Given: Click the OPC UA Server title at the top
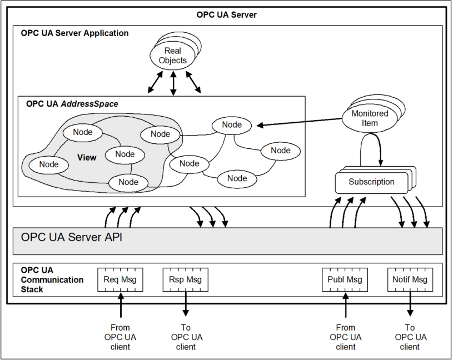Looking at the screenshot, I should (227, 14).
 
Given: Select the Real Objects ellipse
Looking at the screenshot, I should (173, 56).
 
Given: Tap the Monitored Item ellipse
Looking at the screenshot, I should (370, 118).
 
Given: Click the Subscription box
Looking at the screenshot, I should (371, 182).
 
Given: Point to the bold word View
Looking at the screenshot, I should (87, 157).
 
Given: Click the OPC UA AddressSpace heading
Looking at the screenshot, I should (72, 104).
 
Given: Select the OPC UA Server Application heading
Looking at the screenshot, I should (75, 33).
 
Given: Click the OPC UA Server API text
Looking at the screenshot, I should (72, 237).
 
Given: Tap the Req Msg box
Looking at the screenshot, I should (120, 279).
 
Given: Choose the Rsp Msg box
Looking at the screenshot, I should (186, 279).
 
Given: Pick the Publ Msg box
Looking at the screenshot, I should (345, 279).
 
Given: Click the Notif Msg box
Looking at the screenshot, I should (410, 279).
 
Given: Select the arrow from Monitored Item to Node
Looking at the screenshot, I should (300, 122).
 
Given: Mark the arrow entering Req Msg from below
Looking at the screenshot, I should (120, 304).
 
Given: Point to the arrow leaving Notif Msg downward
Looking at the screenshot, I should (410, 304).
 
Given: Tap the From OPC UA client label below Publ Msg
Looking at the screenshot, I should (345, 337).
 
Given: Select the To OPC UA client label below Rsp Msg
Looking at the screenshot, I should (186, 337).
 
